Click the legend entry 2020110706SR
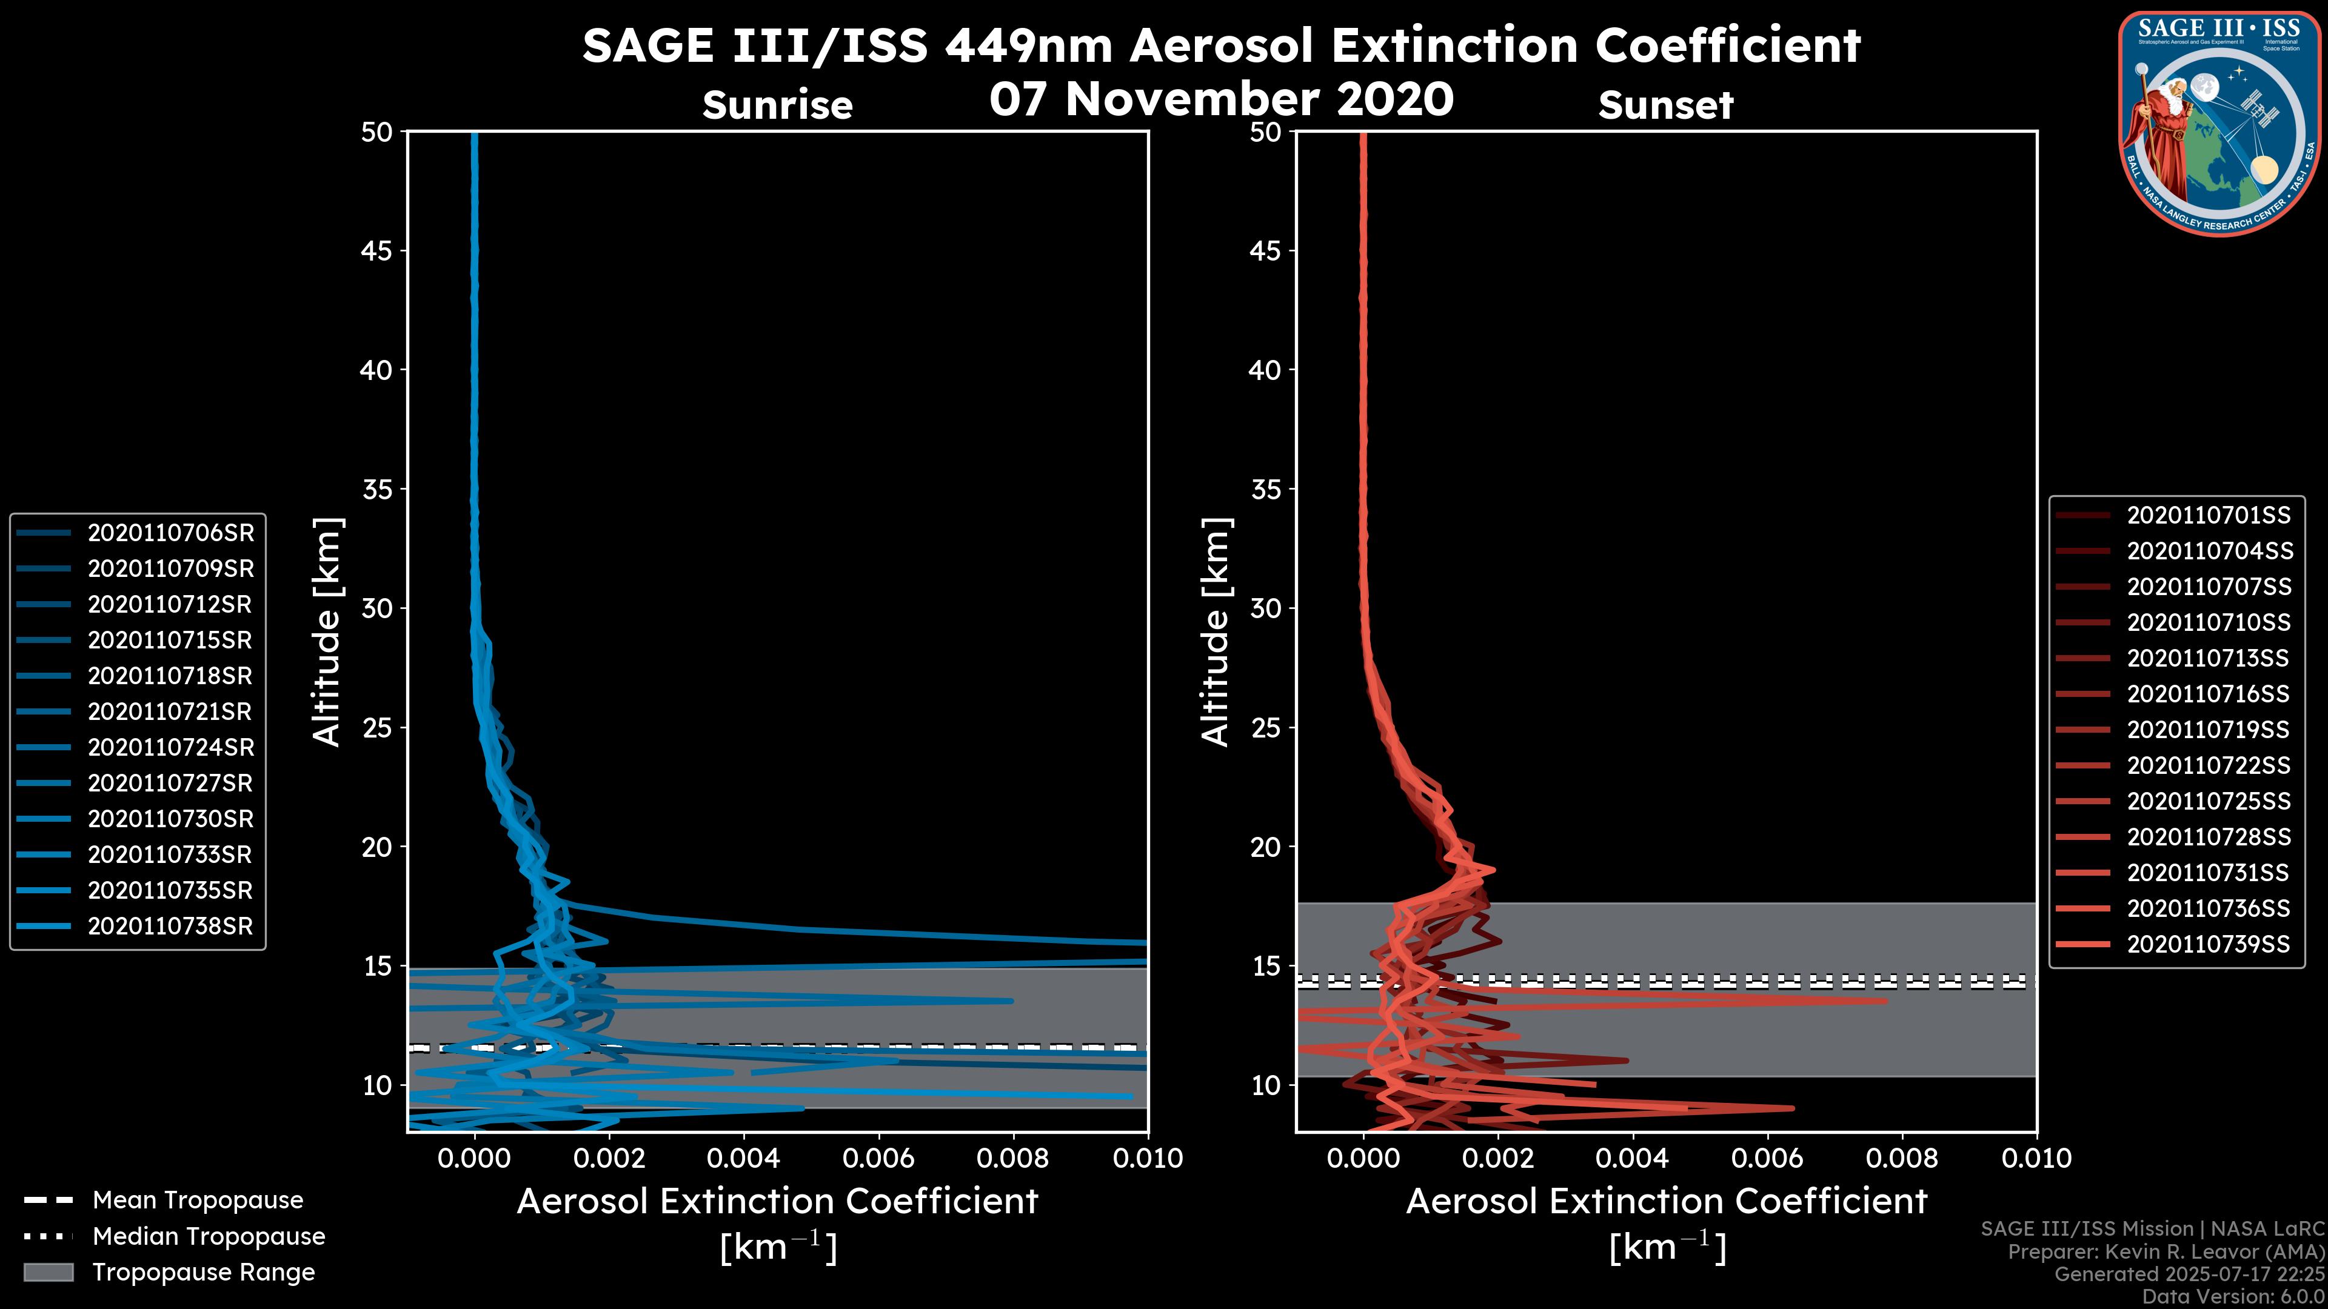[x=170, y=533]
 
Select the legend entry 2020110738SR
[x=170, y=926]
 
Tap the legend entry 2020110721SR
[x=170, y=712]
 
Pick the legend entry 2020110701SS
[x=2208, y=516]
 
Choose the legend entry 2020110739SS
[x=2208, y=944]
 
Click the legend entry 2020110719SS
[x=2208, y=730]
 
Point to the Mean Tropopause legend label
[x=197, y=1200]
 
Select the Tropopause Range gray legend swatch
[x=48, y=1272]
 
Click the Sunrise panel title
[x=777, y=105]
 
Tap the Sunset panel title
[x=1665, y=105]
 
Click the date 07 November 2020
[x=1221, y=98]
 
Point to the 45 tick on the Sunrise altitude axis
[x=376, y=250]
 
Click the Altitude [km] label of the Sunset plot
[x=1216, y=632]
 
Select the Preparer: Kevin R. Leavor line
[x=2166, y=1252]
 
